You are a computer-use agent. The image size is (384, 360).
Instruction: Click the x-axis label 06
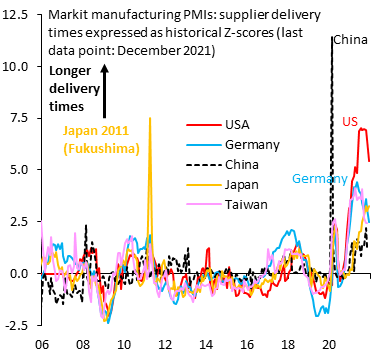coord(41,344)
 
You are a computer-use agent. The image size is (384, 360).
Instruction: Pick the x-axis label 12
coord(165,344)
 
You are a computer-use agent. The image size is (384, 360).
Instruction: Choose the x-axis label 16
coord(247,344)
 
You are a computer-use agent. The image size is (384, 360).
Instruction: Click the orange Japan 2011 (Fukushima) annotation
coord(96,139)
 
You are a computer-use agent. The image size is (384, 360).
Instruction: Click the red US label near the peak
coord(350,121)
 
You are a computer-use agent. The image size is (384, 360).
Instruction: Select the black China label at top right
coord(351,42)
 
